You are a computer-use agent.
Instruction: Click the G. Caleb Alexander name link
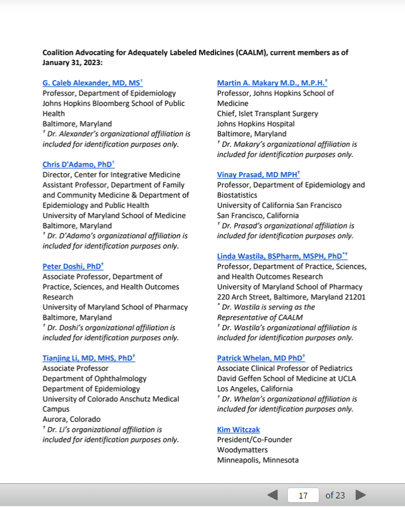tap(91, 83)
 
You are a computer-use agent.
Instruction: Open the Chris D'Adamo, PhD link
tap(77, 164)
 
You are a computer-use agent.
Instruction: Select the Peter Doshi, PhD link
tap(72, 266)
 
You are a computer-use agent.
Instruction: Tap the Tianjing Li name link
tap(87, 358)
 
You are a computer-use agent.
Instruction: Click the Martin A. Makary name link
tap(271, 83)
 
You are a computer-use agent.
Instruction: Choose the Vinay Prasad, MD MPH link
tap(257, 174)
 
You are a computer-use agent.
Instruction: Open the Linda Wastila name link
tap(281, 256)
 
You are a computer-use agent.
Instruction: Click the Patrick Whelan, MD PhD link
tap(260, 358)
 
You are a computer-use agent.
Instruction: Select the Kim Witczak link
tap(238, 429)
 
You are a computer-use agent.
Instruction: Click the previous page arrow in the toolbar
tap(273, 495)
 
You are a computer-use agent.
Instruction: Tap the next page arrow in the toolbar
tap(361, 495)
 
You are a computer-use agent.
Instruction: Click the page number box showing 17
tap(303, 495)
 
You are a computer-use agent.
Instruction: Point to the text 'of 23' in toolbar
tap(335, 495)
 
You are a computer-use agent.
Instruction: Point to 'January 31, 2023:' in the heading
tap(72, 63)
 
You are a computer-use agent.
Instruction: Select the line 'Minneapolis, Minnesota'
tap(257, 460)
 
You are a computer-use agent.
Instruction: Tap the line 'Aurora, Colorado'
tap(71, 419)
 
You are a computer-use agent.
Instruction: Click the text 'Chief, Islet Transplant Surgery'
tap(267, 113)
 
